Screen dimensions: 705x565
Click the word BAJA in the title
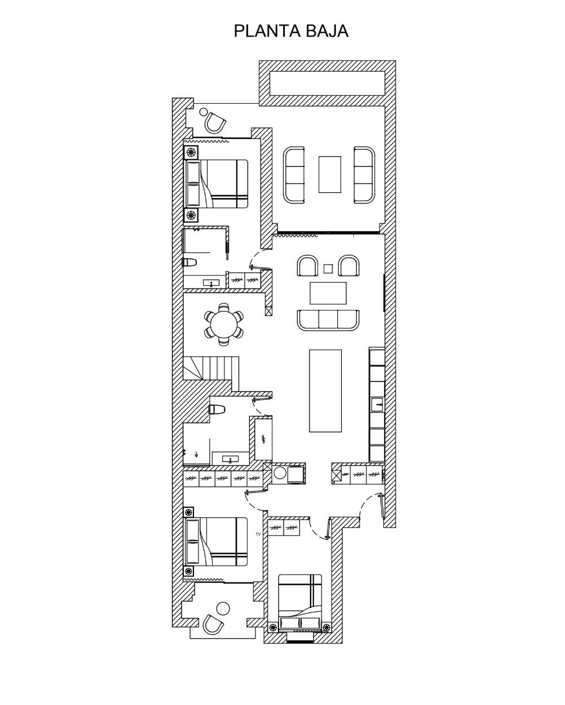[327, 31]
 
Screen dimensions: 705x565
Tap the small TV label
[258, 534]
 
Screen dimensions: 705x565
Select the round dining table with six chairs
[224, 324]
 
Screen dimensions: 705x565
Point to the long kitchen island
[325, 390]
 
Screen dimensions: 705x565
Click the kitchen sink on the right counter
[377, 404]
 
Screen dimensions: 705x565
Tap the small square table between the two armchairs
[328, 269]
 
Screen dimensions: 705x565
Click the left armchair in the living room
[308, 266]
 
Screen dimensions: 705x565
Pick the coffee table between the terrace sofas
[330, 175]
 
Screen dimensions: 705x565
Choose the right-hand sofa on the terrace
[364, 175]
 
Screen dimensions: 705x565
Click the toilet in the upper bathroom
[189, 262]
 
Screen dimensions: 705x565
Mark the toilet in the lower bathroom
[217, 409]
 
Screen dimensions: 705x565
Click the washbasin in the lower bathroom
[230, 459]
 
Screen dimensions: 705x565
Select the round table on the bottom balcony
[223, 608]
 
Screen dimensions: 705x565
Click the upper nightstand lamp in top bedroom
[191, 152]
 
